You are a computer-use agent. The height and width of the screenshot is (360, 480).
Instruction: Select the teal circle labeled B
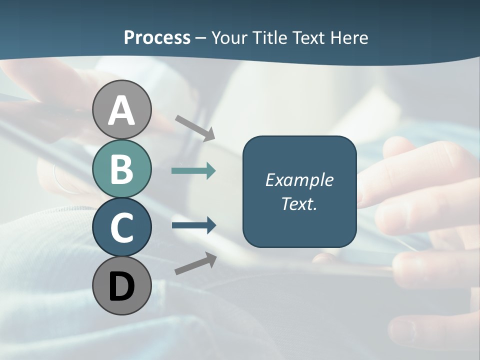(121, 169)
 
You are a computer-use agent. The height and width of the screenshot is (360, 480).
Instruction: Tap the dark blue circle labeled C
(121, 227)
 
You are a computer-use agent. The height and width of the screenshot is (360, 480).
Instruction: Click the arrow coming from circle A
(195, 127)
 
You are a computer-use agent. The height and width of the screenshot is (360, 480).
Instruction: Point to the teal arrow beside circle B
(193, 171)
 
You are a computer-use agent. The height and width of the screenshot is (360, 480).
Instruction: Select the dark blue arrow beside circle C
(193, 225)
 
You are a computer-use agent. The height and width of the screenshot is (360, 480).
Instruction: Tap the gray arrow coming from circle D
(195, 263)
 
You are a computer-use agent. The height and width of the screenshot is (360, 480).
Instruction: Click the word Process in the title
(157, 38)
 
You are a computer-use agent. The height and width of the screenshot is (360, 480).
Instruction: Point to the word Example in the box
(299, 180)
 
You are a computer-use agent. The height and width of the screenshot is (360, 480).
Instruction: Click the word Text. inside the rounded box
(299, 203)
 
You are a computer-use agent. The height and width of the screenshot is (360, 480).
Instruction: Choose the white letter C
(121, 227)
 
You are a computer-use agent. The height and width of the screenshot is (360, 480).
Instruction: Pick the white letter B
(121, 169)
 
